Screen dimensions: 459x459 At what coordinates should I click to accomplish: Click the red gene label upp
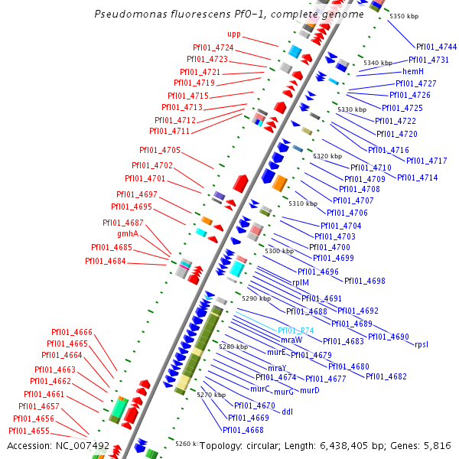pos(234,34)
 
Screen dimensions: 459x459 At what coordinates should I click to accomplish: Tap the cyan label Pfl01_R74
pos(295,330)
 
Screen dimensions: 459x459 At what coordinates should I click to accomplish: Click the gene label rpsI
pos(422,344)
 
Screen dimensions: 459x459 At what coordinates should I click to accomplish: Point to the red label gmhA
pos(128,233)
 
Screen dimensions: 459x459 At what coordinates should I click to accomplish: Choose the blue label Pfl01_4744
pos(437,47)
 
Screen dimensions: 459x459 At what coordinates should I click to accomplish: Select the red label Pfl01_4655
pos(30,431)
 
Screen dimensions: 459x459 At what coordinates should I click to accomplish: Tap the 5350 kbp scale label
pos(404,16)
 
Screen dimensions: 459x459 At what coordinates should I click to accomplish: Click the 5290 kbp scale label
pos(256,298)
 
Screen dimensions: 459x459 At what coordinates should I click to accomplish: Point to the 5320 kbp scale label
pos(327,156)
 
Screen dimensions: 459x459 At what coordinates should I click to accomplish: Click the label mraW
pos(291,340)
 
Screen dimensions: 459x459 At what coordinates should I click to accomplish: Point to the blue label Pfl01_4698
pos(365,281)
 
